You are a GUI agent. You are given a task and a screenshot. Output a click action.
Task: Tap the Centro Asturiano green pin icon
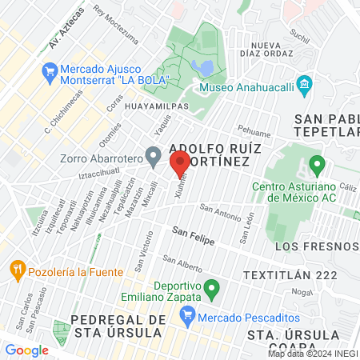coord(317,167)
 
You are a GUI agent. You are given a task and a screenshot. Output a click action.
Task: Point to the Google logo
coord(26,350)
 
